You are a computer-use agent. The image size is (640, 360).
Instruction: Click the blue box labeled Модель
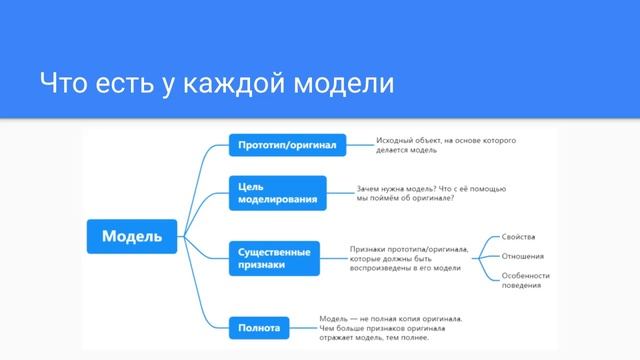point(132,237)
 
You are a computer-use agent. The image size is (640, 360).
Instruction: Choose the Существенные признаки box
point(275,258)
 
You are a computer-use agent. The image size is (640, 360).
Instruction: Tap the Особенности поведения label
point(526,281)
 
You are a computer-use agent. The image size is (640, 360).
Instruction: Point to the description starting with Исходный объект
point(446,146)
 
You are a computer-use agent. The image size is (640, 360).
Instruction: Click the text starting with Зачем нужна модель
point(432,193)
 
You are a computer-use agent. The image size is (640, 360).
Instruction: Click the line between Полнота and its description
point(303,326)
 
